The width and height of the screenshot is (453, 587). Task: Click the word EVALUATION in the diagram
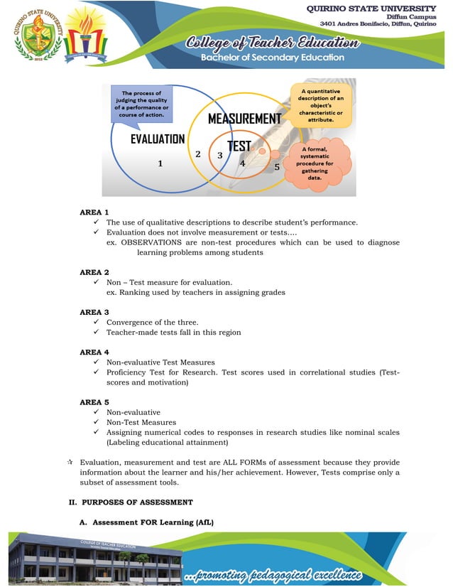pos(157,139)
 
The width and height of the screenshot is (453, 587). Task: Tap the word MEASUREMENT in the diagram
pos(244,119)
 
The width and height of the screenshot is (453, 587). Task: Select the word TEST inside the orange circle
pos(239,146)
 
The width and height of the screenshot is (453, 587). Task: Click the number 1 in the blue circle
pos(160,163)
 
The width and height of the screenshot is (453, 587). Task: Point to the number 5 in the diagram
pos(277,167)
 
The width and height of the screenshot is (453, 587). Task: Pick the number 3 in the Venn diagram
pos(220,155)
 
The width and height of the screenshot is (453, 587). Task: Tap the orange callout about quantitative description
pos(321,105)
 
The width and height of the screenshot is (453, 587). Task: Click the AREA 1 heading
pos(94,212)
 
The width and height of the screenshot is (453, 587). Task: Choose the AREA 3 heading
pos(94,312)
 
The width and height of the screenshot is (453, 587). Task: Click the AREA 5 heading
pos(94,402)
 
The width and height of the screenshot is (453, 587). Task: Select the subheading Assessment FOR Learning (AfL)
pos(153,522)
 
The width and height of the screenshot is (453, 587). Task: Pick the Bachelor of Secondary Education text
pos(272,58)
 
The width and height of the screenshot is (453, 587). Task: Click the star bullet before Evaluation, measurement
pos(70,463)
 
